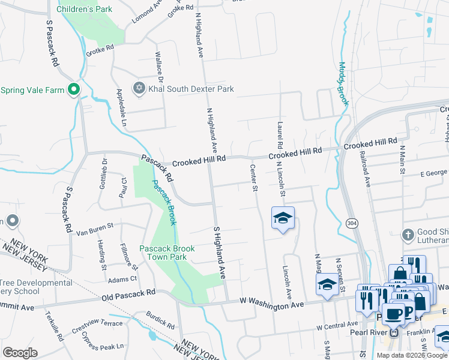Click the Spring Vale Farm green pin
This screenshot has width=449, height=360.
74,90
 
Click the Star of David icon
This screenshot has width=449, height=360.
139,89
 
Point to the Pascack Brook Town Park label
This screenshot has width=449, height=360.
166,253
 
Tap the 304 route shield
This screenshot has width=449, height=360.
351,223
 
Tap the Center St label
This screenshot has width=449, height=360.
254,178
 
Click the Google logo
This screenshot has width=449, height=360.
20,353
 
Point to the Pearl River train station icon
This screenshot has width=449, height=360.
394,332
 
